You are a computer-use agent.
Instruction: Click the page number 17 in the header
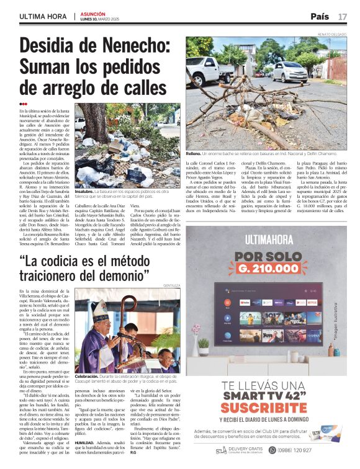coord(343,16)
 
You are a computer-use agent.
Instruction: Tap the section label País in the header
coord(320,16)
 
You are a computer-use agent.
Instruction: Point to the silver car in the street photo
coord(290,71)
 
